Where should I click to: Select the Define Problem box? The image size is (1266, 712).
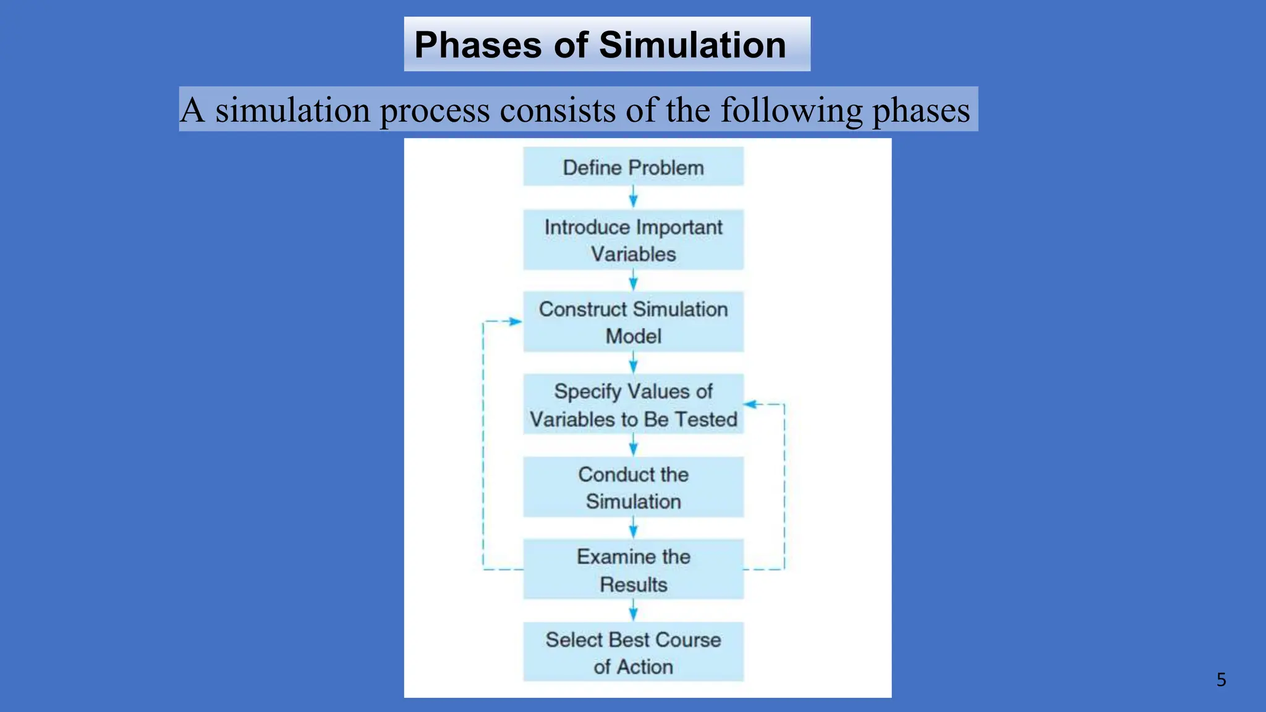coord(633,167)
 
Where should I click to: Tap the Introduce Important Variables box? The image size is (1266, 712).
coord(633,240)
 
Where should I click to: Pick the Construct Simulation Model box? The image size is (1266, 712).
coord(633,322)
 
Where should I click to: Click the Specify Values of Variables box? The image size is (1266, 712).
coord(633,405)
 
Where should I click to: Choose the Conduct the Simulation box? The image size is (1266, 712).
coord(633,487)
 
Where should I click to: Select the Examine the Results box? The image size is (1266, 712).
coord(633,570)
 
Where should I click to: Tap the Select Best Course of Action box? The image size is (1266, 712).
coord(633,653)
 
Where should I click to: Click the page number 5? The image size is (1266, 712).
coord(1221,680)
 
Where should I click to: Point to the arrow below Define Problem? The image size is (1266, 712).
coord(633,198)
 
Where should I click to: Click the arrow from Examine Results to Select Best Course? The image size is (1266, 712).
coord(633,611)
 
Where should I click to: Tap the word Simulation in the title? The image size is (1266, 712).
coord(692,44)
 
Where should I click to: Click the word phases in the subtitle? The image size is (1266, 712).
coord(921,110)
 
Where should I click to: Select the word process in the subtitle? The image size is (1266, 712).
coord(434,110)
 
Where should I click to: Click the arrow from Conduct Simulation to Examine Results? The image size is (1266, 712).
coord(633,529)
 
